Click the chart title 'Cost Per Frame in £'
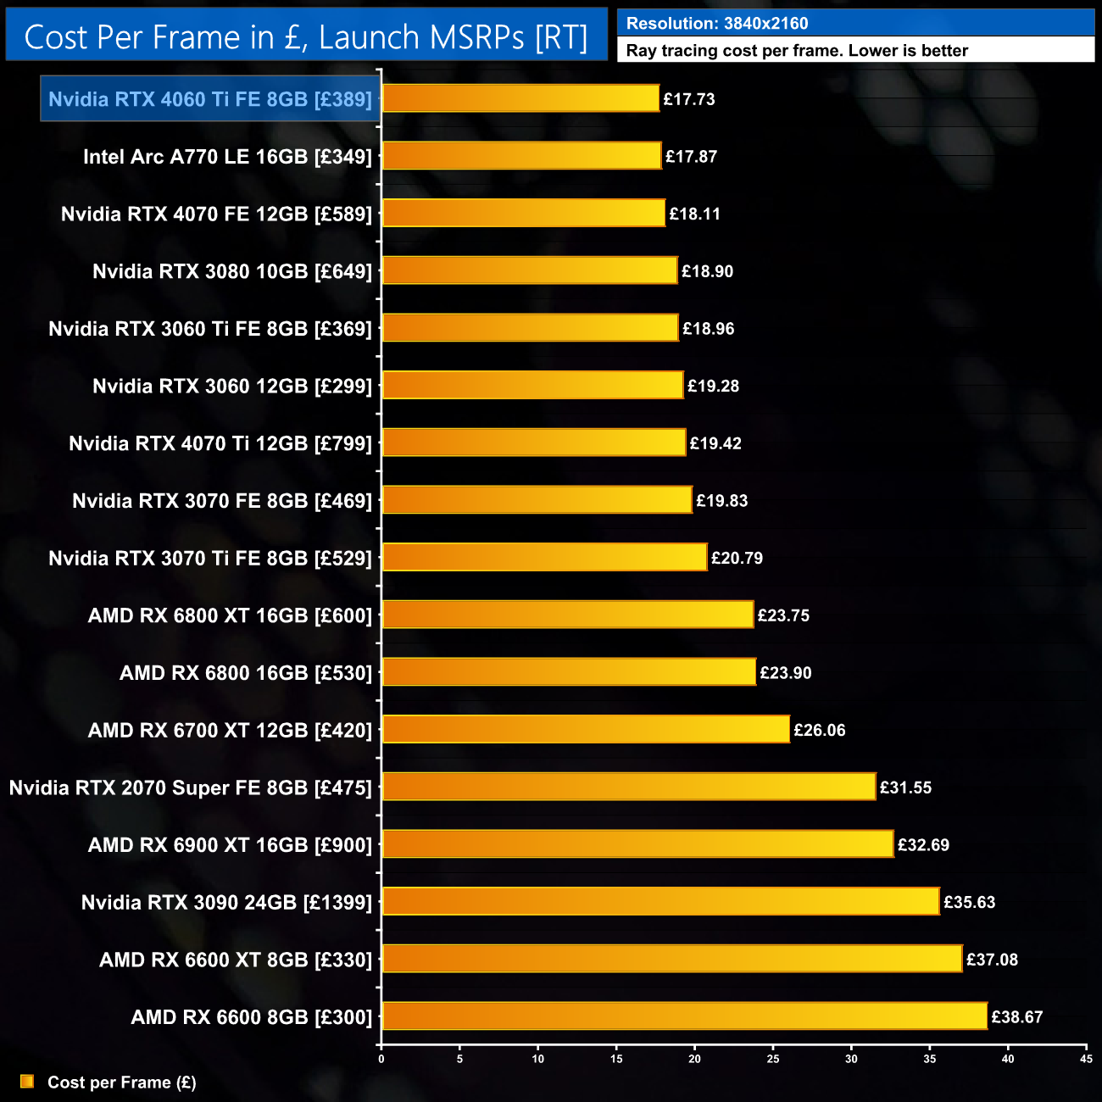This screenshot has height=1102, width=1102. (x=305, y=37)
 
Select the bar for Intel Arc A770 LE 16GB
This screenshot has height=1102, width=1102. (x=521, y=156)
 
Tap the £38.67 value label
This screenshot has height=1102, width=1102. (x=1016, y=1017)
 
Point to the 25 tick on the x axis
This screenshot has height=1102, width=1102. (x=773, y=1059)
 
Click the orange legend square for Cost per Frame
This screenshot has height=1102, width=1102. (x=27, y=1082)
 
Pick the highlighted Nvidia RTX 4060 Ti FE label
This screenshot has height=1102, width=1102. (x=209, y=99)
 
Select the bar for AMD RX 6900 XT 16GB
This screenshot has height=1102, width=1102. (x=637, y=844)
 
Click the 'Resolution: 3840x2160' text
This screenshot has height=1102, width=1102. (x=717, y=24)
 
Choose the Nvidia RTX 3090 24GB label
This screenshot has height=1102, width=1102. (x=226, y=903)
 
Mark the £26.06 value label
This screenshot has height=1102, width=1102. (x=819, y=730)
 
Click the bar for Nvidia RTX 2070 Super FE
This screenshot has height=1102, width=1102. (x=628, y=788)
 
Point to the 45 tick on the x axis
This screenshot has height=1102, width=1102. (x=1086, y=1059)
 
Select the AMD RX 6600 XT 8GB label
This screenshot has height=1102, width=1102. (x=236, y=960)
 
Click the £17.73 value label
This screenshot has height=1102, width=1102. (x=688, y=99)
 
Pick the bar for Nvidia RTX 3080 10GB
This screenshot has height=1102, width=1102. (x=530, y=271)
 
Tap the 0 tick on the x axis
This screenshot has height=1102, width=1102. (x=381, y=1059)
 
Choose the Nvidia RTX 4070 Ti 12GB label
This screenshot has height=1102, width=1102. (x=220, y=443)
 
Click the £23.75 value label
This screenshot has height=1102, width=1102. (x=783, y=615)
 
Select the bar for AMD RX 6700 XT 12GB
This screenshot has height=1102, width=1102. (x=586, y=730)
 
